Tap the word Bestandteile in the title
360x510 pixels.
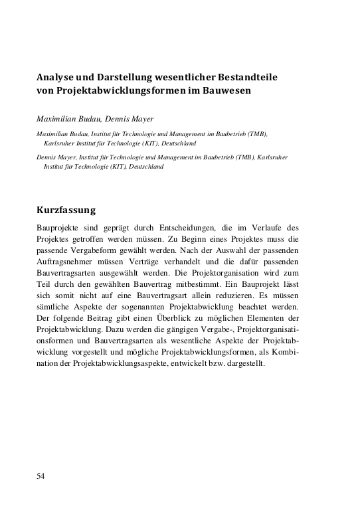pos(246,77)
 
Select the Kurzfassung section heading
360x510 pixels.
pos(66,211)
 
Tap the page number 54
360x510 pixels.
pos(41,476)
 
